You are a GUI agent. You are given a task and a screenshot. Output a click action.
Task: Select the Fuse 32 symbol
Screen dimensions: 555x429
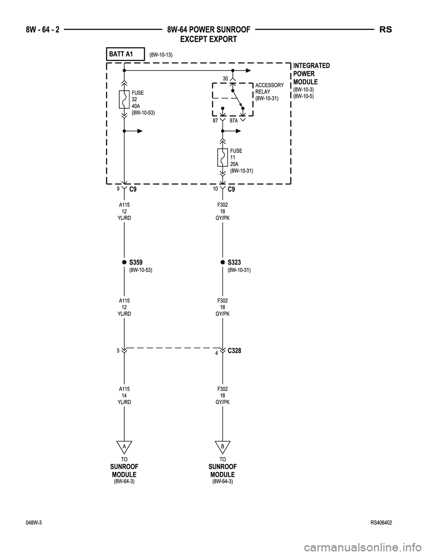pos(124,100)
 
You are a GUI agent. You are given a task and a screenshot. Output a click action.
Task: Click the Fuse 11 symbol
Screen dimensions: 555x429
pos(222,157)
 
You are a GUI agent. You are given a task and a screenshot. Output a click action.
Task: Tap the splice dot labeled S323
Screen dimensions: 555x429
pos(222,262)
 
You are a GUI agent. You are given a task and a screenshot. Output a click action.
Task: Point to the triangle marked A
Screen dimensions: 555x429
pos(124,446)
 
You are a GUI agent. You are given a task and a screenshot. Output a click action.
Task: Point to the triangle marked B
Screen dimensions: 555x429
pos(222,446)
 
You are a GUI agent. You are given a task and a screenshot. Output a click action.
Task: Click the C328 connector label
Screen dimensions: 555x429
pos(234,351)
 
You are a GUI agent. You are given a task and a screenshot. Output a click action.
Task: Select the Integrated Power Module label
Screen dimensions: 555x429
pos(311,74)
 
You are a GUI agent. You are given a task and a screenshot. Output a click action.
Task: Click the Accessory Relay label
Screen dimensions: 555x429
pos(269,92)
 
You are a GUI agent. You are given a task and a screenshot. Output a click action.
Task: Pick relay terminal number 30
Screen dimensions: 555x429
pos(226,79)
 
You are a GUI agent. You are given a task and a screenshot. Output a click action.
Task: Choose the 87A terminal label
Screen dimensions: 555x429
pos(234,121)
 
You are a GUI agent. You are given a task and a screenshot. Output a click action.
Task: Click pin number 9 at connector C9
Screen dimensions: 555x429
pos(118,189)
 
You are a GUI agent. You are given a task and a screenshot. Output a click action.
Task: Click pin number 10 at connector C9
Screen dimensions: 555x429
pos(215,189)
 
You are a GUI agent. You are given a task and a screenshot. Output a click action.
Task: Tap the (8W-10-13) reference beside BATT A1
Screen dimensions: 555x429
pos(161,55)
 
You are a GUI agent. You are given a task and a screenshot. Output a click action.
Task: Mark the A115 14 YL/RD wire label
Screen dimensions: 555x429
pos(124,395)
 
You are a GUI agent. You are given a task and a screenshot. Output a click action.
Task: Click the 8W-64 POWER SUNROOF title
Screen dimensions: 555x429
pos(208,30)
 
